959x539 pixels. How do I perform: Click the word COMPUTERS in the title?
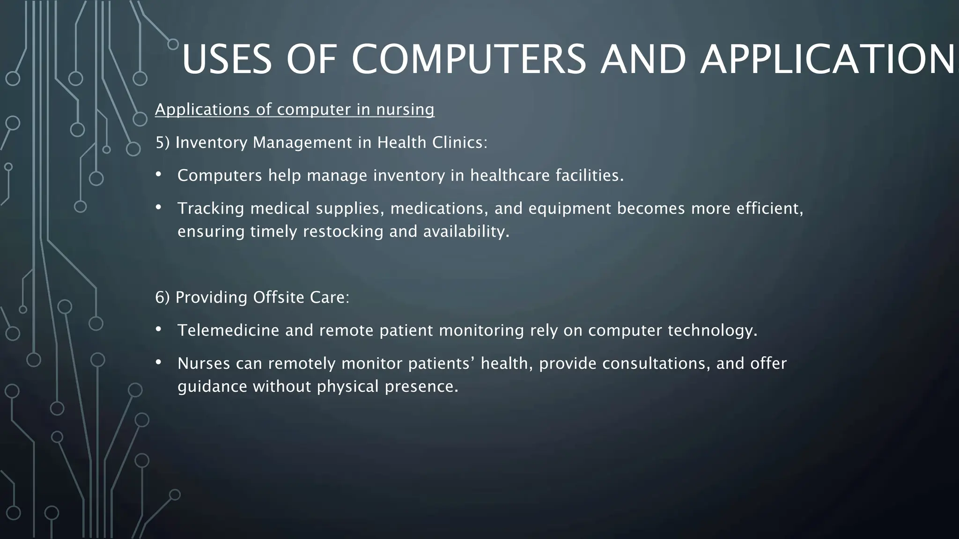(468, 59)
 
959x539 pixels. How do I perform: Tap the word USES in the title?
(227, 59)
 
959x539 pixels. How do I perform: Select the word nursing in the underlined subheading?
(406, 110)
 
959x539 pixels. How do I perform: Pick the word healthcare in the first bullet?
(510, 175)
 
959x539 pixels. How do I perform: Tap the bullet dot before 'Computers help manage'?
(158, 174)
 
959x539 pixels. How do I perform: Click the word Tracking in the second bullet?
(211, 208)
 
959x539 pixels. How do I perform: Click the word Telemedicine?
(229, 330)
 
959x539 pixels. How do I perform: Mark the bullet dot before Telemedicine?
(158, 329)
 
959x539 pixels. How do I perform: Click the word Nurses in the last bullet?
(204, 364)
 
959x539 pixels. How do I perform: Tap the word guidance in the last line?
(212, 387)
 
